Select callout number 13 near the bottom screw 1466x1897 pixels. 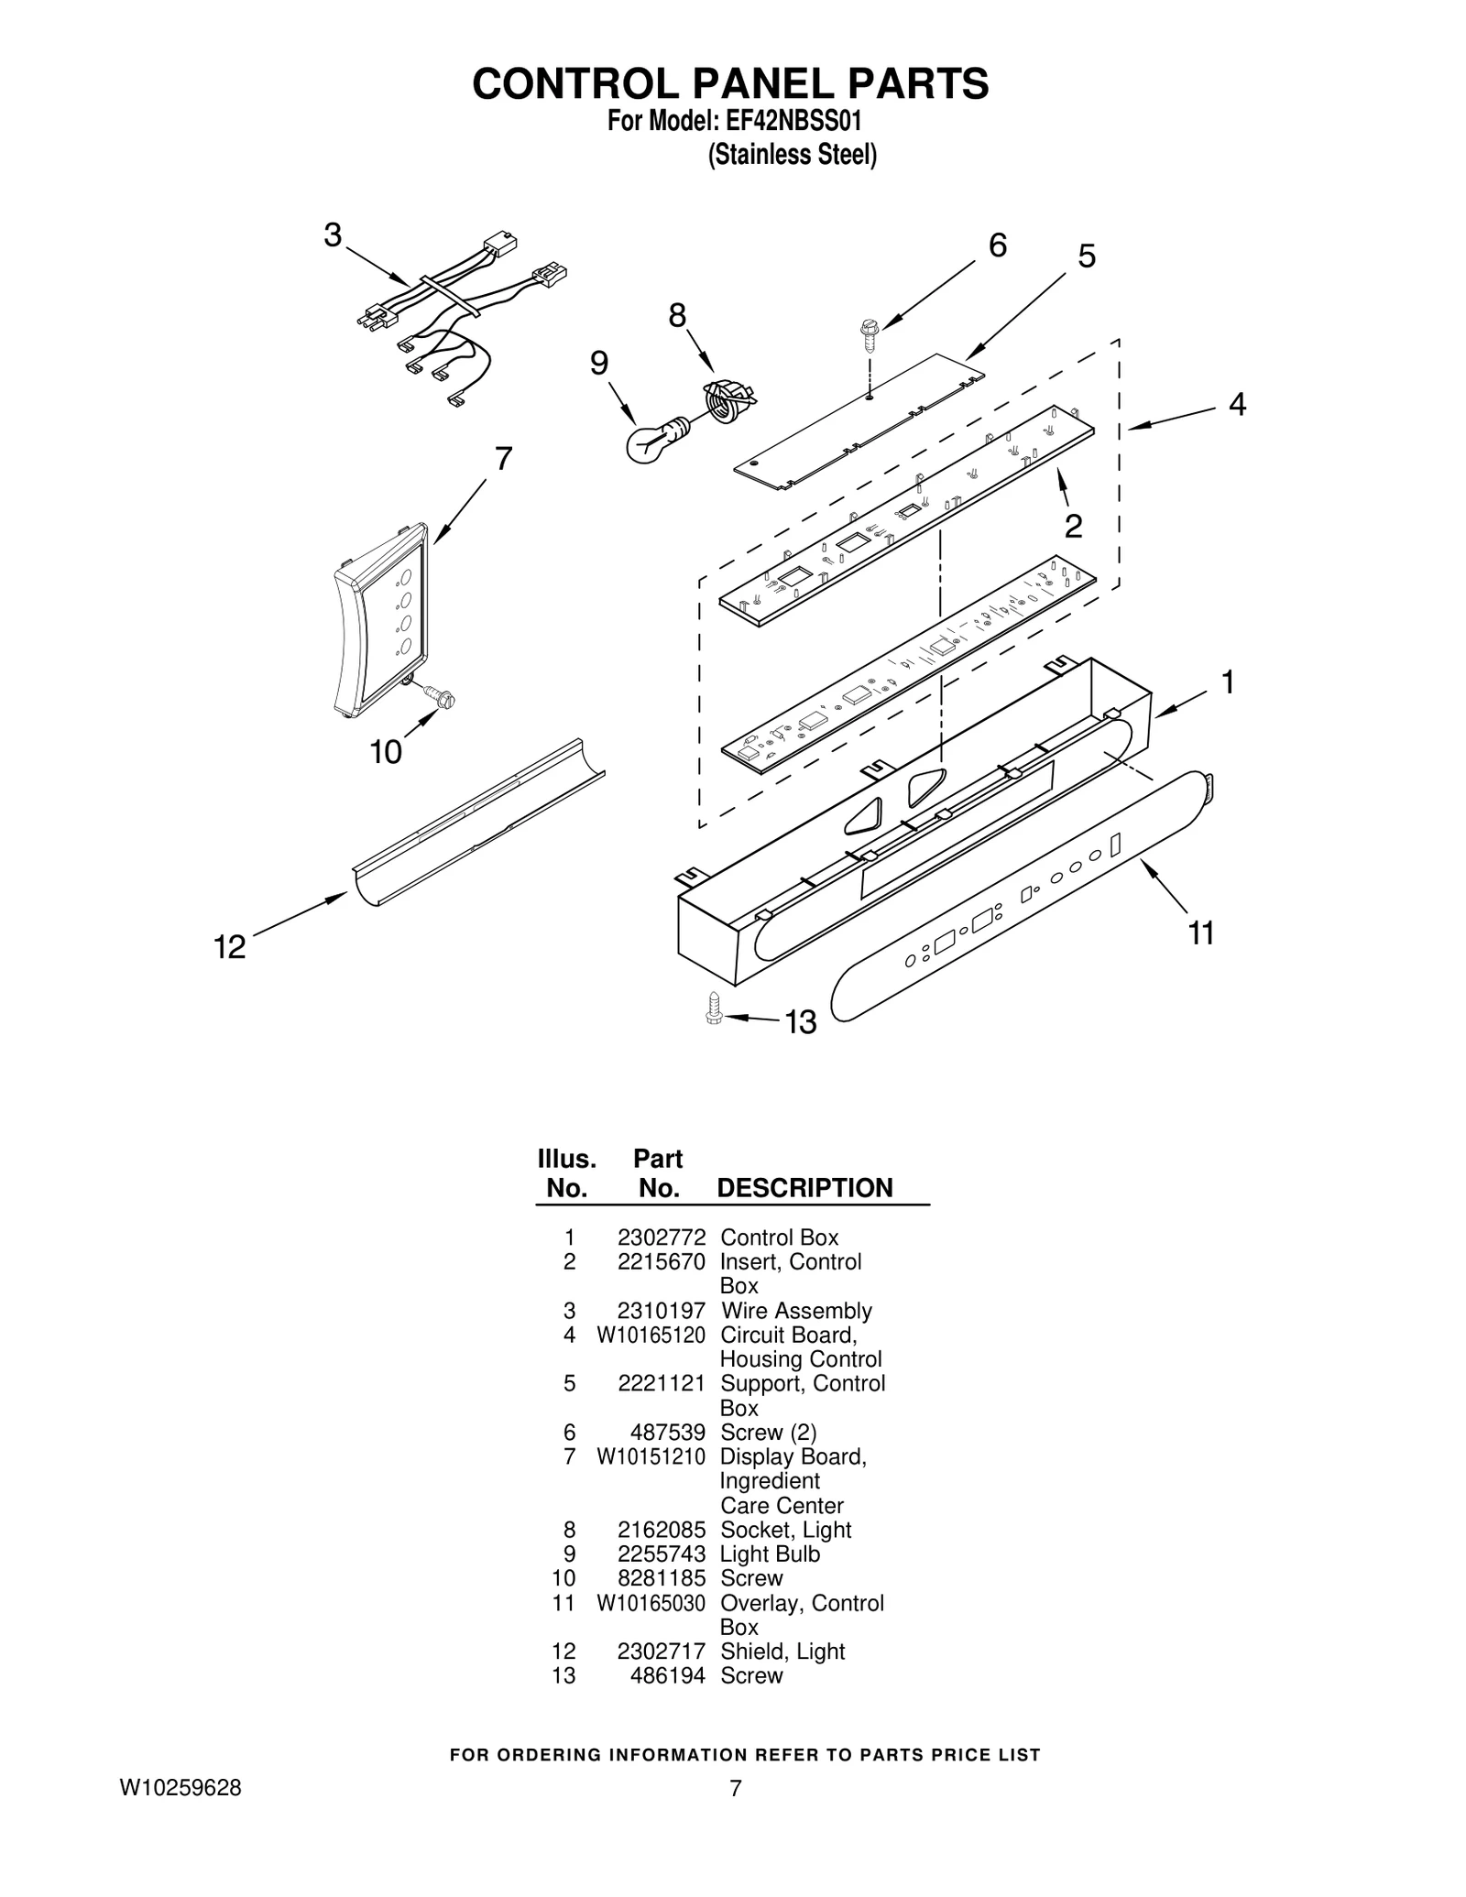coord(801,1022)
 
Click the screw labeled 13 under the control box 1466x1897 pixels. coord(714,1008)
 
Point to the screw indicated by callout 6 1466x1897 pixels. coord(867,335)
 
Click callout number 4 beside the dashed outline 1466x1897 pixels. coord(1236,404)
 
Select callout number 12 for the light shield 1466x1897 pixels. coord(230,946)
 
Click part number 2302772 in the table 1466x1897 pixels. coord(661,1237)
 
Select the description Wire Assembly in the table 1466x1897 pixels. coord(795,1311)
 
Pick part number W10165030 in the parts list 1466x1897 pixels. coord(651,1603)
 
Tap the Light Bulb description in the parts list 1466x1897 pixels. coord(770,1554)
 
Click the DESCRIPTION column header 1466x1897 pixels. coord(804,1188)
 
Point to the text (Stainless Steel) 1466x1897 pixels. coord(792,156)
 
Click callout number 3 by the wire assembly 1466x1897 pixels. coord(333,235)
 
